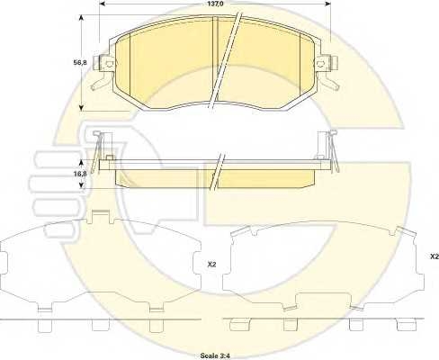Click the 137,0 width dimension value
click(x=214, y=4)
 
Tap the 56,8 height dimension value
click(x=80, y=63)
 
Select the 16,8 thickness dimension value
click(x=80, y=174)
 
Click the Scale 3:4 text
click(x=215, y=355)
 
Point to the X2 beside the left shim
click(x=211, y=265)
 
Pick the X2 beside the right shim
click(x=435, y=256)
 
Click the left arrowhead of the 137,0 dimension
click(x=103, y=4)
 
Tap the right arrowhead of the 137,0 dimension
click(x=327, y=4)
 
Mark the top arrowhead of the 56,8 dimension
click(x=81, y=19)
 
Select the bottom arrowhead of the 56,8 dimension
click(x=81, y=107)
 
